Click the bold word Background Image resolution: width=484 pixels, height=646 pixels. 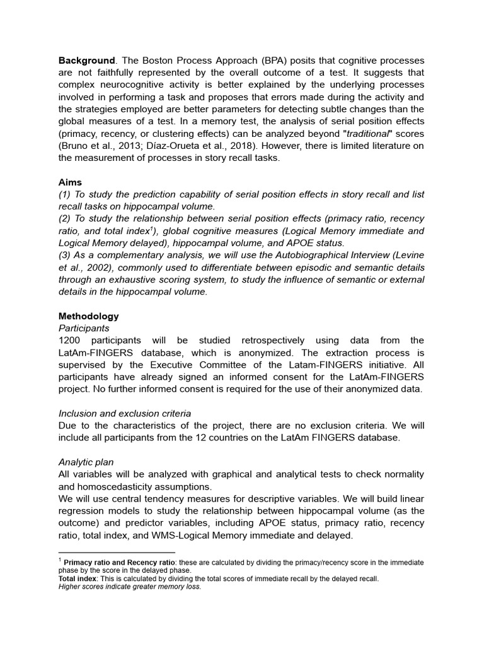tap(87, 61)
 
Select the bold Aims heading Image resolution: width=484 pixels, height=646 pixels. tap(70, 181)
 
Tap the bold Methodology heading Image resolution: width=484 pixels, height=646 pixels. tap(88, 316)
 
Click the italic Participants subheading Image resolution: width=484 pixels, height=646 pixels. tap(84, 328)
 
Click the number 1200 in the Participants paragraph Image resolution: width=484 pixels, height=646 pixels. tap(71, 340)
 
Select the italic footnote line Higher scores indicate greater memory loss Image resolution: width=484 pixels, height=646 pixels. tap(130, 586)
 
